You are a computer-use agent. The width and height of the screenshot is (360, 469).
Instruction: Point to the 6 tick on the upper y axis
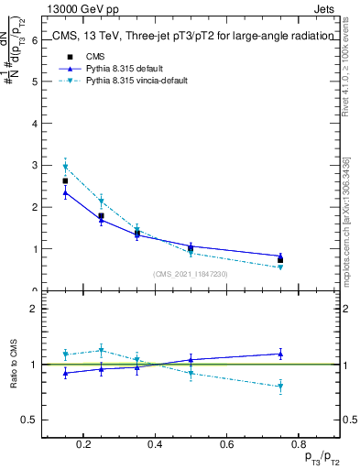(x=34, y=40)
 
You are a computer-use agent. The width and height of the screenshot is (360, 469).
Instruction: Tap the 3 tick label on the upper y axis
(x=34, y=166)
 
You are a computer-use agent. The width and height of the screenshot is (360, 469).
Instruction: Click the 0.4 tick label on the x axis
(x=155, y=444)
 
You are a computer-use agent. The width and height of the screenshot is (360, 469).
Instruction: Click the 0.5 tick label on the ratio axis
(x=27, y=420)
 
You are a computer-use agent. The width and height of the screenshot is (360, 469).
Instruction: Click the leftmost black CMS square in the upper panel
(x=65, y=181)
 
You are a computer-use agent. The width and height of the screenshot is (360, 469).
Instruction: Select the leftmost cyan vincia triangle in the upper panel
(x=65, y=167)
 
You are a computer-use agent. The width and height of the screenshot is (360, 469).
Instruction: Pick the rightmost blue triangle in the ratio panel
(x=280, y=354)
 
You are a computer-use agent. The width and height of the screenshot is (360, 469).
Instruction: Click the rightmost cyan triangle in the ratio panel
(x=280, y=387)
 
